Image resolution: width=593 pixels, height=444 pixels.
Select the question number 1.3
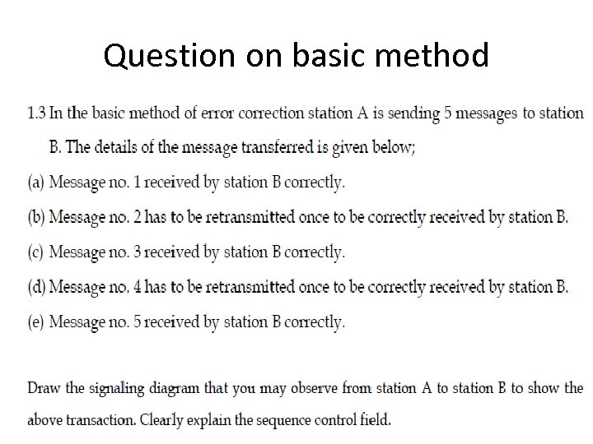pyautogui.click(x=38, y=113)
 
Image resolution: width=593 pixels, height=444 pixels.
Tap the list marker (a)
pyautogui.click(x=36, y=183)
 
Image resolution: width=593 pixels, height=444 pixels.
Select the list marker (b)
pyautogui.click(x=36, y=217)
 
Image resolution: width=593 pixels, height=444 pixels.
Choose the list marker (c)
pyautogui.click(x=36, y=252)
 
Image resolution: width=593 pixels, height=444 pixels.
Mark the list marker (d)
pyautogui.click(x=36, y=287)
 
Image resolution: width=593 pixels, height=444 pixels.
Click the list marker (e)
pyautogui.click(x=36, y=322)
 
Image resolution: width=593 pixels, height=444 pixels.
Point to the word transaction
pyautogui.click(x=101, y=420)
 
